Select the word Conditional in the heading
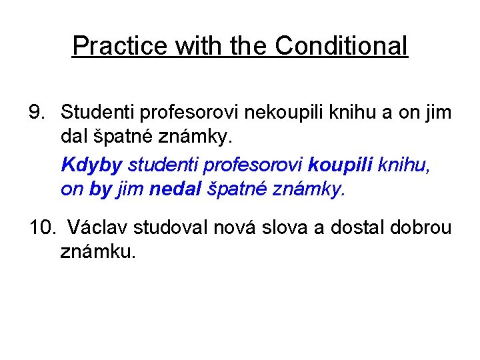[x=341, y=46]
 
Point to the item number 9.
[x=38, y=113]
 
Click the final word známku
[x=97, y=253]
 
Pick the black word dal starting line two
[x=73, y=137]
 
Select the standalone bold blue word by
[x=100, y=190]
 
